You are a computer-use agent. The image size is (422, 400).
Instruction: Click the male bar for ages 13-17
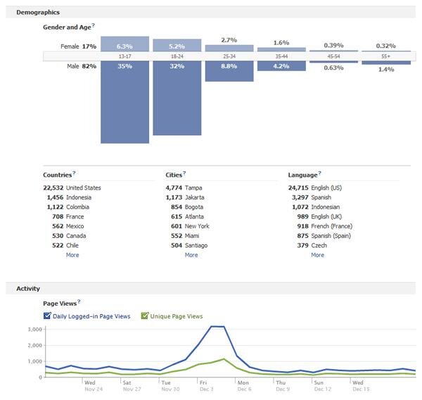[x=124, y=102]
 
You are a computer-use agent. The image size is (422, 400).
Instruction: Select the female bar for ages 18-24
[x=177, y=45]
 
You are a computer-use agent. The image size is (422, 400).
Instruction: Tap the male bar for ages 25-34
[x=229, y=71]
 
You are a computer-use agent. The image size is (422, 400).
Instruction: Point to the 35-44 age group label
[x=281, y=56]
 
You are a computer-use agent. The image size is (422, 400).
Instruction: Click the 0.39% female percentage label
[x=333, y=45]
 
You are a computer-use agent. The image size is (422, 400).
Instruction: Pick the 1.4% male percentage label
[x=386, y=69]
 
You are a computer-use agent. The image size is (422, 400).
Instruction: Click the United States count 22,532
[x=53, y=188]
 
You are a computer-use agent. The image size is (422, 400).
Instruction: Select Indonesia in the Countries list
[x=79, y=197]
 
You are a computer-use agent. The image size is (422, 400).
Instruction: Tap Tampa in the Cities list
[x=193, y=188]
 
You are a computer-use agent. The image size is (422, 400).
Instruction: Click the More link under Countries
[x=72, y=255]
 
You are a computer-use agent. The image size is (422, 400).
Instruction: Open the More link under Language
[x=318, y=255]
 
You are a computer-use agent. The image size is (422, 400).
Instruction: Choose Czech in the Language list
[x=319, y=245]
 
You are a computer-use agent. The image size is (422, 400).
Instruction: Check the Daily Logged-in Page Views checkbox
[x=47, y=315]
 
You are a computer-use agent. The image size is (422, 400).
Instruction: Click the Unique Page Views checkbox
[x=144, y=315]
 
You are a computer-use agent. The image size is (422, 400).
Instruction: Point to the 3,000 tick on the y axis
[x=35, y=329]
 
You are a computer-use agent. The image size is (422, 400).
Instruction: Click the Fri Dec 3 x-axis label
[x=207, y=386]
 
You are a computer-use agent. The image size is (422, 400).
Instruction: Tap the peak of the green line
[x=224, y=358]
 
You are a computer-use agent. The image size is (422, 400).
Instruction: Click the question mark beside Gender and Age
[x=94, y=25]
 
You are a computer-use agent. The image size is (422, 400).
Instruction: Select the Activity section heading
[x=28, y=289]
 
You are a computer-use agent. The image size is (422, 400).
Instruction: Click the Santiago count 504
[x=177, y=245]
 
